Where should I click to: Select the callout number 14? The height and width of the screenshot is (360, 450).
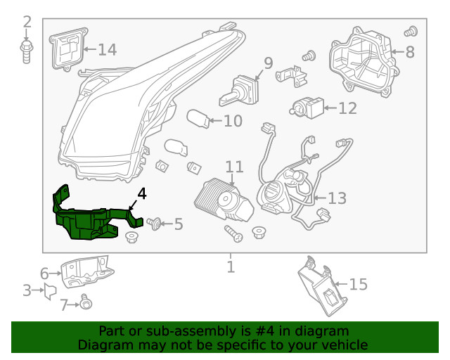click(107, 49)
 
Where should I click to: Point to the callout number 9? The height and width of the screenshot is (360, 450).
click(268, 64)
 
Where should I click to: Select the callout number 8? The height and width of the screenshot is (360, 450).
click(410, 51)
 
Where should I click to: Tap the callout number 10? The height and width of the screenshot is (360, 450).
click(233, 121)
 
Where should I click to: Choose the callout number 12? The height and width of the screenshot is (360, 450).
click(347, 108)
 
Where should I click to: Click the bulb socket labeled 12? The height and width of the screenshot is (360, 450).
click(307, 108)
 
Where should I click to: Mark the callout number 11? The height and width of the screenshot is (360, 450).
click(234, 167)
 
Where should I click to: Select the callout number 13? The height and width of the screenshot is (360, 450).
click(337, 198)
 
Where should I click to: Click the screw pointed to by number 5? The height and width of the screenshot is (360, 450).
click(156, 224)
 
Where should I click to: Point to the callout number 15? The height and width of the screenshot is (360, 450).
click(358, 284)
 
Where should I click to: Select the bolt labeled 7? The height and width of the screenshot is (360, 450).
click(86, 303)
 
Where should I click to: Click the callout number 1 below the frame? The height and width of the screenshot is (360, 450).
click(230, 267)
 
